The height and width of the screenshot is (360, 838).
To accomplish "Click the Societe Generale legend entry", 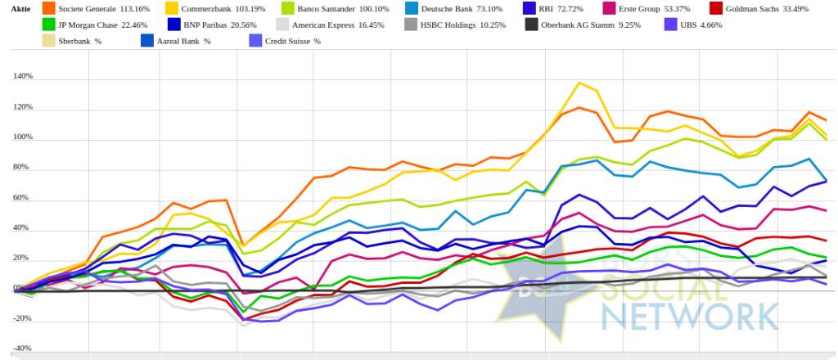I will coord(89,9).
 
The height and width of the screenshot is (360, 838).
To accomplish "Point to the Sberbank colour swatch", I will coord(47,40).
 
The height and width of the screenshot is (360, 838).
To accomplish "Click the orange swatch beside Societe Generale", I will coord(47,9).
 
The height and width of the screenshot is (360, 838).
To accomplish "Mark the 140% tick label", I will coord(22,77).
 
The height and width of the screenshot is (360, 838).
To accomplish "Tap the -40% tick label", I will coord(22,349).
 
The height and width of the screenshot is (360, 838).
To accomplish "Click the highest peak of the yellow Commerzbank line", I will coord(579,83).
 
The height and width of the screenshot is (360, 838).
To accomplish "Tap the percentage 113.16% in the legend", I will coord(133,9).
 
